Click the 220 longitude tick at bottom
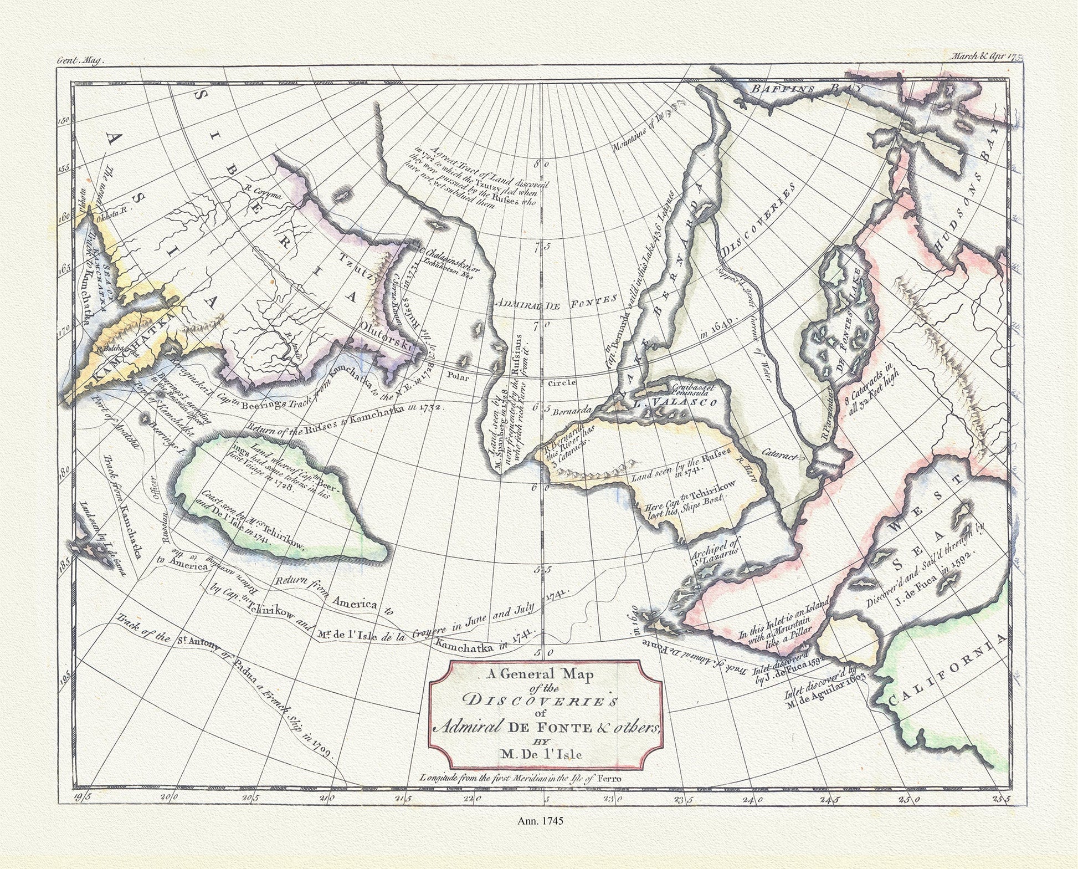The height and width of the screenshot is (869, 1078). (x=472, y=799)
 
